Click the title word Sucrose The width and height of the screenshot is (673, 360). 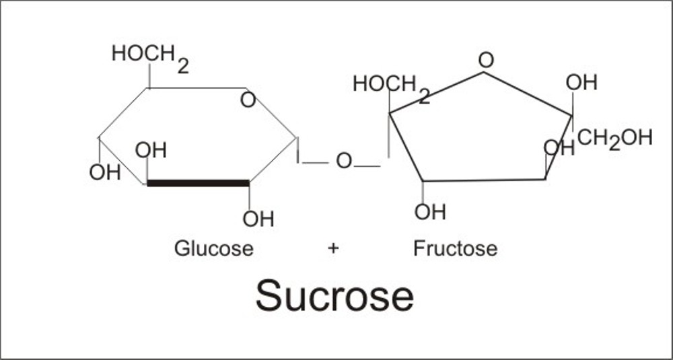pyautogui.click(x=334, y=296)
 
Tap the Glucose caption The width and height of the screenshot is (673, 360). pyautogui.click(x=214, y=248)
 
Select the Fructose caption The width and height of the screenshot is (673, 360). pyautogui.click(x=455, y=248)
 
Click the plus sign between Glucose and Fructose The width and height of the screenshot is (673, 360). pyautogui.click(x=333, y=248)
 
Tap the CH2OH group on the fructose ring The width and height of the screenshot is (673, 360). pyautogui.click(x=614, y=139)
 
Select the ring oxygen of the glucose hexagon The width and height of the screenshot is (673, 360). pyautogui.click(x=248, y=101)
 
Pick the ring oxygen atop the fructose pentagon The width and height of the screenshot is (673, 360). pyautogui.click(x=485, y=61)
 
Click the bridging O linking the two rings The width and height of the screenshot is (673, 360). pyautogui.click(x=344, y=161)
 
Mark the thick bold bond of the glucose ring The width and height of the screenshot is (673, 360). pyautogui.click(x=198, y=182)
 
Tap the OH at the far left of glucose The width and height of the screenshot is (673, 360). pyautogui.click(x=104, y=172)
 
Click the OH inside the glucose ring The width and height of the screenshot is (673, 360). pyautogui.click(x=151, y=150)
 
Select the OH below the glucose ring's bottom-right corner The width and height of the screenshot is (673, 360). pyautogui.click(x=258, y=219)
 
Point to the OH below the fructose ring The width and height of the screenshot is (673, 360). pyautogui.click(x=430, y=213)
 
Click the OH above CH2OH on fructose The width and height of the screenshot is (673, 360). pyautogui.click(x=581, y=83)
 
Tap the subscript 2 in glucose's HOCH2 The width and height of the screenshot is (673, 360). pyautogui.click(x=183, y=66)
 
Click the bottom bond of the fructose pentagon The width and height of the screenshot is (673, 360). pyautogui.click(x=483, y=180)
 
